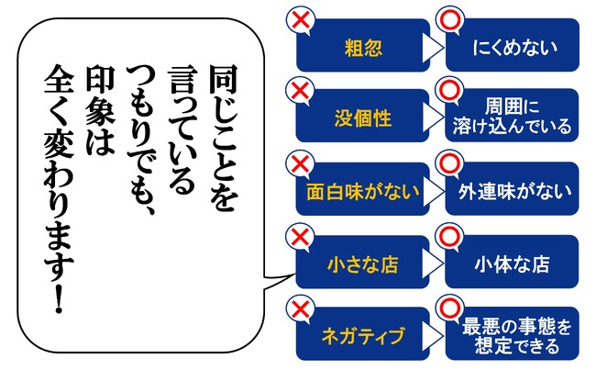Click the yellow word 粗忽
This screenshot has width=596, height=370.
363,48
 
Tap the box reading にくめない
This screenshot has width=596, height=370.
513,45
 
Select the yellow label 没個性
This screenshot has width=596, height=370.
363,118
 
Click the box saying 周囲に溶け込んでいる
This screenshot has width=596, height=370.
512,116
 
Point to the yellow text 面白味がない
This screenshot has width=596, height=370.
363,191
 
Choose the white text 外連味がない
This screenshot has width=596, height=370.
514,191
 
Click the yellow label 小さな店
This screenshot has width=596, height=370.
363,264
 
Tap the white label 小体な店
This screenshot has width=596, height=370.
512,263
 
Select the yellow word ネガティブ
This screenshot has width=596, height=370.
363,336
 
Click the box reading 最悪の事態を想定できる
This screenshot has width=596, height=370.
513,333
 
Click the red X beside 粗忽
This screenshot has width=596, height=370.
301,19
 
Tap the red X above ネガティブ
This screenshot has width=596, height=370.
300,308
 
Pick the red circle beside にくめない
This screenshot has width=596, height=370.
450,19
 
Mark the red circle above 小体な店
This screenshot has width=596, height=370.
449,237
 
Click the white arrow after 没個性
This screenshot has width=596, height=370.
433,118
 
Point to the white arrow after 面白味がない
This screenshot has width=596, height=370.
433,190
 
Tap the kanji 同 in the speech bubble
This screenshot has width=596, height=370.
224,79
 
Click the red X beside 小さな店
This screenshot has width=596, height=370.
300,237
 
